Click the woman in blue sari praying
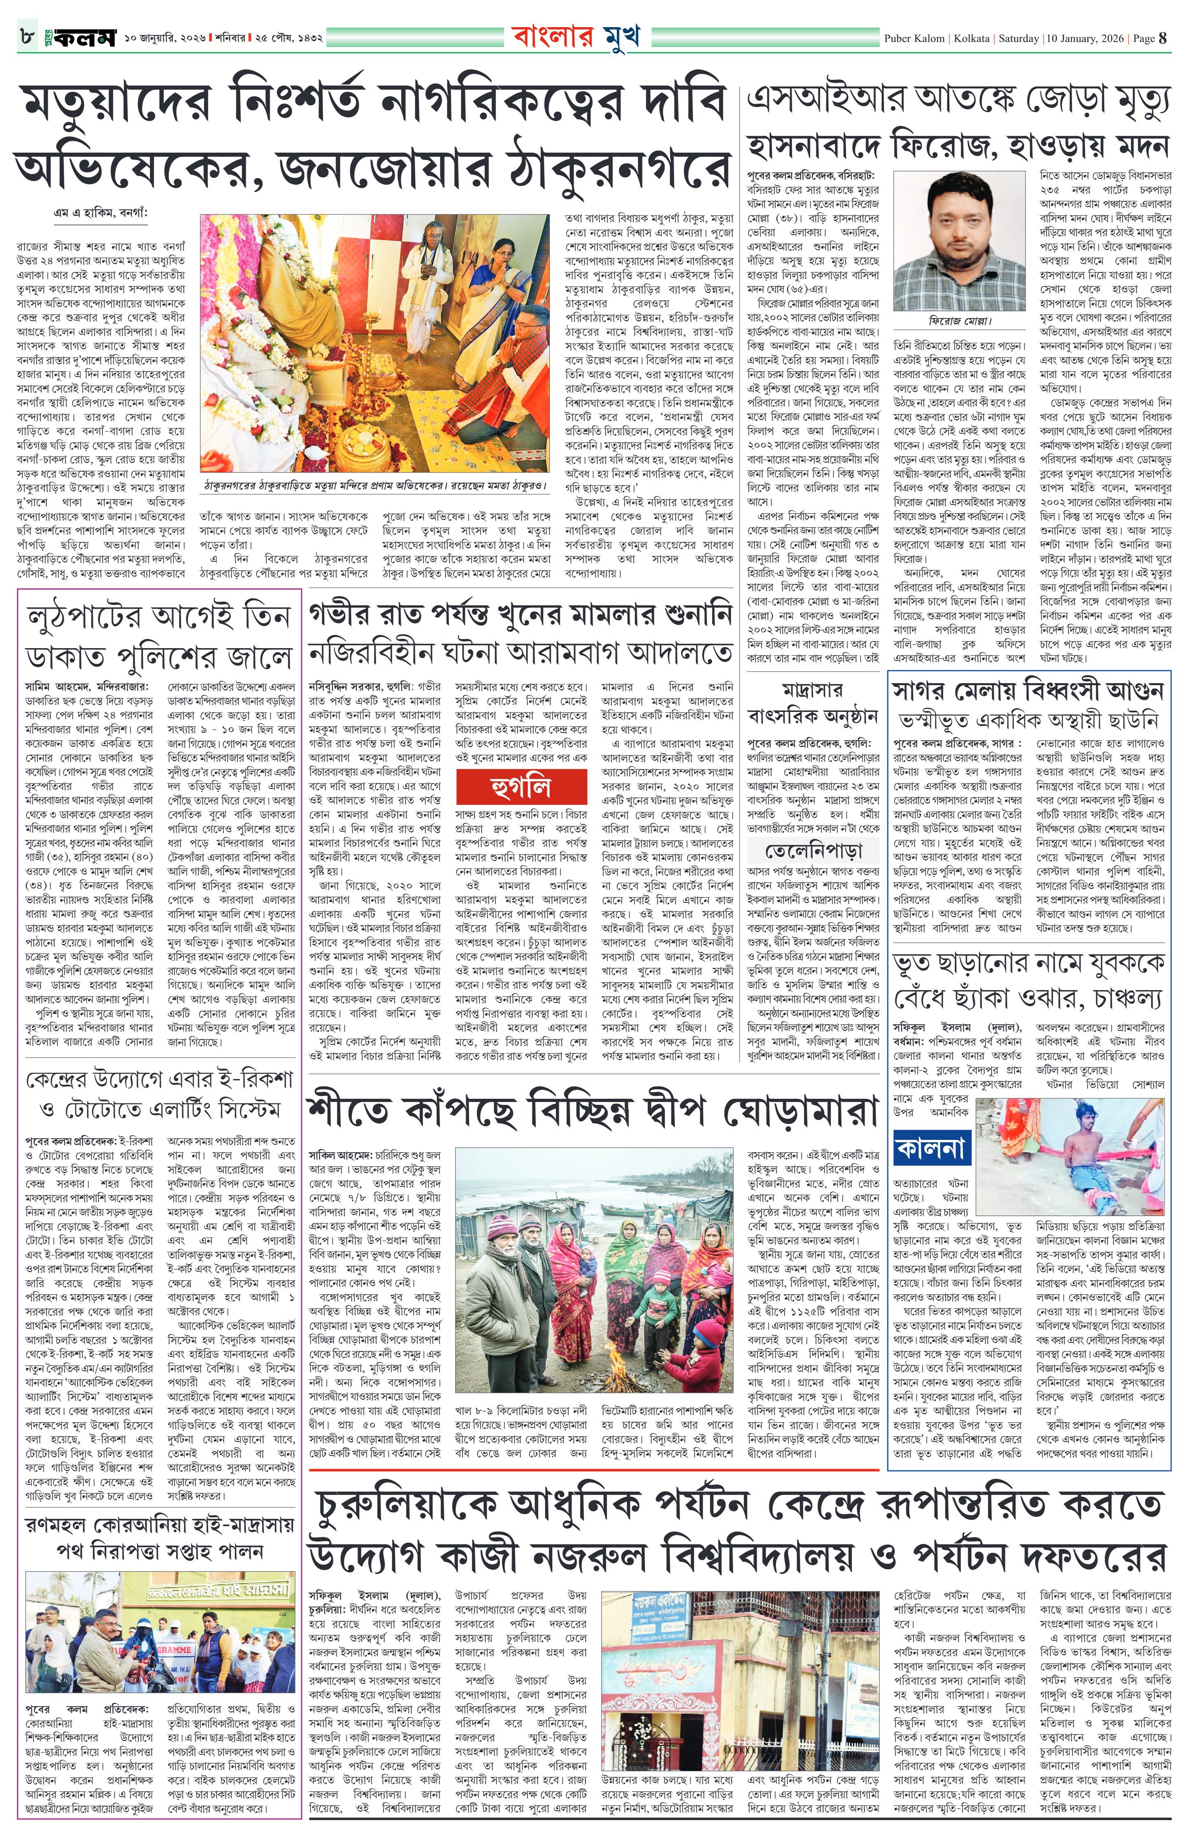pos(496,277)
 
